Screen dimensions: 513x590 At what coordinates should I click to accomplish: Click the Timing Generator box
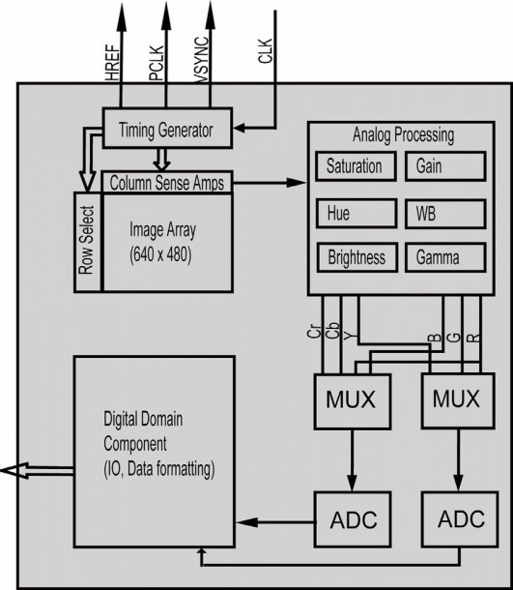[x=167, y=128]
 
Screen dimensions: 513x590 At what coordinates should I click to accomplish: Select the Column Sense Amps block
[x=167, y=183]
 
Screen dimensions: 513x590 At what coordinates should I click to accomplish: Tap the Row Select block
[x=88, y=242]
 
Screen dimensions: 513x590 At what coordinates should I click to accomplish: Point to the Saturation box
[x=356, y=166]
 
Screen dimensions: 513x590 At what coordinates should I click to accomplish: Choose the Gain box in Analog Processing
[x=445, y=166]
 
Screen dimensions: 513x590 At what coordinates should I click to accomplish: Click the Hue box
[x=356, y=214]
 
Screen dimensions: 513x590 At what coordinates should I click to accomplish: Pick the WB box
[x=445, y=214]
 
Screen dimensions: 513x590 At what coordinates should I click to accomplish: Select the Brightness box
[x=357, y=257]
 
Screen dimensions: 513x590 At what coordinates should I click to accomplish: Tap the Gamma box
[x=445, y=257]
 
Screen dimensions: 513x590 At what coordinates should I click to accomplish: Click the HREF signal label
[x=112, y=63]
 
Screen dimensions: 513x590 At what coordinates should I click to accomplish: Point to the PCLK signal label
[x=157, y=63]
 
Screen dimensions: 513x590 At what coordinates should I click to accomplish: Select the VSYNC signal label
[x=202, y=59]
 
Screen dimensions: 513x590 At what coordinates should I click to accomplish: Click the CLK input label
[x=265, y=51]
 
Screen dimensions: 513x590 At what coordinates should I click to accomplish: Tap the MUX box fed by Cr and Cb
[x=353, y=401]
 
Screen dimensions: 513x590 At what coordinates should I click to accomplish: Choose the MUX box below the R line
[x=458, y=400]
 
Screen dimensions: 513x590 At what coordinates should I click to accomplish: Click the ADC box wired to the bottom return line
[x=460, y=518]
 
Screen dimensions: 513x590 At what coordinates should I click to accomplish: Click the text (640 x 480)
[x=160, y=254]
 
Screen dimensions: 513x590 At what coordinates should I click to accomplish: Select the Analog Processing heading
[x=403, y=135]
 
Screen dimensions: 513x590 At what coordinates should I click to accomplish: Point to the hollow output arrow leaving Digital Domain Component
[x=38, y=470]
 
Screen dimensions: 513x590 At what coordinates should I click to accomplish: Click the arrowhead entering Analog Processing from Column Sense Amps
[x=297, y=183]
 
